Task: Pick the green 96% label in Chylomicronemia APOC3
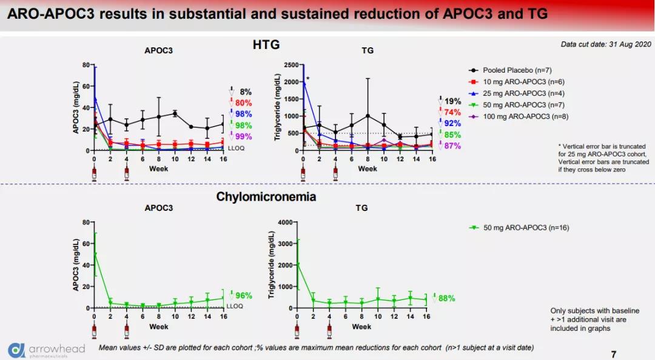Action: [243, 296]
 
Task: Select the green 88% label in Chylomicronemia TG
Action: [446, 298]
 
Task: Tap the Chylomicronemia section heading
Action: [266, 197]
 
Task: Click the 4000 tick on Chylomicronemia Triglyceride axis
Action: [284, 222]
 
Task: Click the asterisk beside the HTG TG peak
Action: [308, 79]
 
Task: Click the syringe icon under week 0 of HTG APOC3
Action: [94, 175]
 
